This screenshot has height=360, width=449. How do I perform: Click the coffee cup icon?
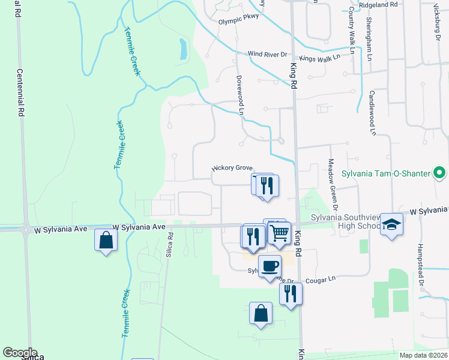click(270, 266)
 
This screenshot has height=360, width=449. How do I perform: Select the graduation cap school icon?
click(391, 224)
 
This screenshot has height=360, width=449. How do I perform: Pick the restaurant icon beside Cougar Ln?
click(291, 293)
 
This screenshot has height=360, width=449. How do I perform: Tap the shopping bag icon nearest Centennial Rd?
click(106, 241)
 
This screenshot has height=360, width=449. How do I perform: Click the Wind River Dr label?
click(268, 54)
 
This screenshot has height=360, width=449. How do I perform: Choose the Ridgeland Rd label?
click(378, 4)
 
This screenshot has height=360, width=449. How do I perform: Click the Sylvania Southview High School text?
click(340, 221)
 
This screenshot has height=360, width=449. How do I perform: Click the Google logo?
click(19, 353)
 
